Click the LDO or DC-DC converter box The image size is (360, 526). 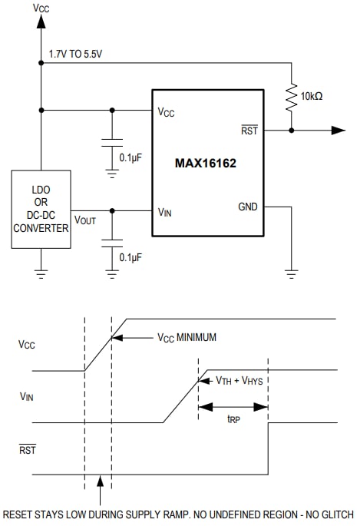point(41,210)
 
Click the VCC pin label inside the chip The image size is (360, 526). point(167,111)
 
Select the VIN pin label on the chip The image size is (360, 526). point(165,211)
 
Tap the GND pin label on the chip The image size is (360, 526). point(248,207)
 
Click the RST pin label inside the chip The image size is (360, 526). point(249,131)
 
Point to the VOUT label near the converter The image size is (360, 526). point(85,220)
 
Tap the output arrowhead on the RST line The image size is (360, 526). point(338,131)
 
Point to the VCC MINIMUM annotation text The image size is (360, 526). point(187,337)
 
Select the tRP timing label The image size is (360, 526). point(233,419)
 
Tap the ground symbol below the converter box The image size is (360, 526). point(41,270)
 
